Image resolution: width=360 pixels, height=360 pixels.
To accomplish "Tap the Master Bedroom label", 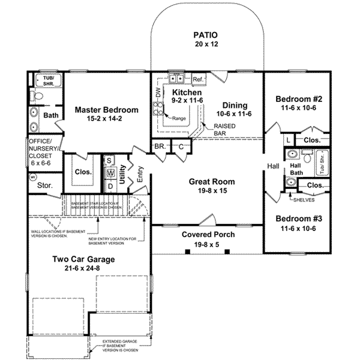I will [106, 110].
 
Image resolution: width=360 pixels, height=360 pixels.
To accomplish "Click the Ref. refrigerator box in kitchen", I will [198, 79].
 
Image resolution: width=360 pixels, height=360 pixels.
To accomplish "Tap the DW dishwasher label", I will [158, 94].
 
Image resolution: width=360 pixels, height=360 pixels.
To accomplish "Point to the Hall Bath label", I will [295, 169].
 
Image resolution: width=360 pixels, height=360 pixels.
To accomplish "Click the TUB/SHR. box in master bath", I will [46, 81].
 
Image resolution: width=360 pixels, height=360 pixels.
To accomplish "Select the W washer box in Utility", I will [110, 173].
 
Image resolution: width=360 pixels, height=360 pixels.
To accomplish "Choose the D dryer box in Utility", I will [110, 185].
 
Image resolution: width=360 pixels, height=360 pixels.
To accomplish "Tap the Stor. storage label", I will [44, 186].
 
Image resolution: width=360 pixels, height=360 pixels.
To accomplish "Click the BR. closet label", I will [160, 146].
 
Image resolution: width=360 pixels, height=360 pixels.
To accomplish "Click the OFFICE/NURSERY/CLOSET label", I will [40, 152].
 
